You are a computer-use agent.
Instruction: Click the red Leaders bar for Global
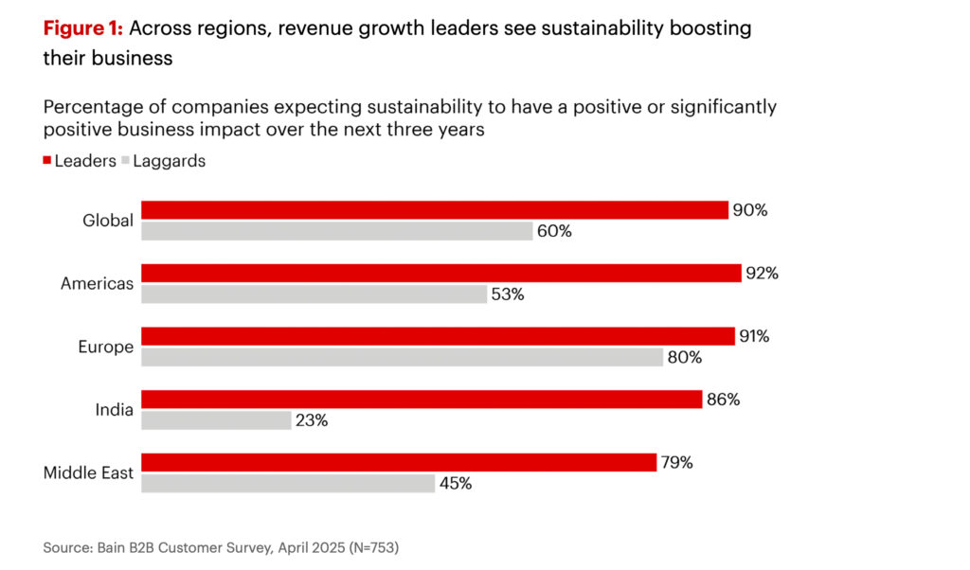pyautogui.click(x=434, y=210)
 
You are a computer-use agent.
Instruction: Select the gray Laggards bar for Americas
pyautogui.click(x=314, y=294)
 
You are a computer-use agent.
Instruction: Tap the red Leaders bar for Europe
pyautogui.click(x=438, y=336)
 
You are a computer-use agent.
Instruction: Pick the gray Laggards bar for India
pyautogui.click(x=216, y=420)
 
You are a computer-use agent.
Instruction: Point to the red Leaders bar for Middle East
pyautogui.click(x=399, y=462)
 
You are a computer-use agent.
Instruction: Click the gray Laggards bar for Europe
pyautogui.click(x=402, y=357)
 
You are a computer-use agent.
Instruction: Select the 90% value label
pyautogui.click(x=750, y=210)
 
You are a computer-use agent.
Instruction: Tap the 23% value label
pyautogui.click(x=311, y=420)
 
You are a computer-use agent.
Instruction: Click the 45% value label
pyautogui.click(x=455, y=483)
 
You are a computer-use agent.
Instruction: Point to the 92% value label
pyautogui.click(x=762, y=273)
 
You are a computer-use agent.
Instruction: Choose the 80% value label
pyautogui.click(x=684, y=357)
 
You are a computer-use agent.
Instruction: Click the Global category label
pyautogui.click(x=108, y=221)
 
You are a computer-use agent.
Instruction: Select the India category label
pyautogui.click(x=115, y=409)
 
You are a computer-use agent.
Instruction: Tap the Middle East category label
pyautogui.click(x=88, y=472)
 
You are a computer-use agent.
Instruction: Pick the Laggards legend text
pyautogui.click(x=169, y=161)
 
